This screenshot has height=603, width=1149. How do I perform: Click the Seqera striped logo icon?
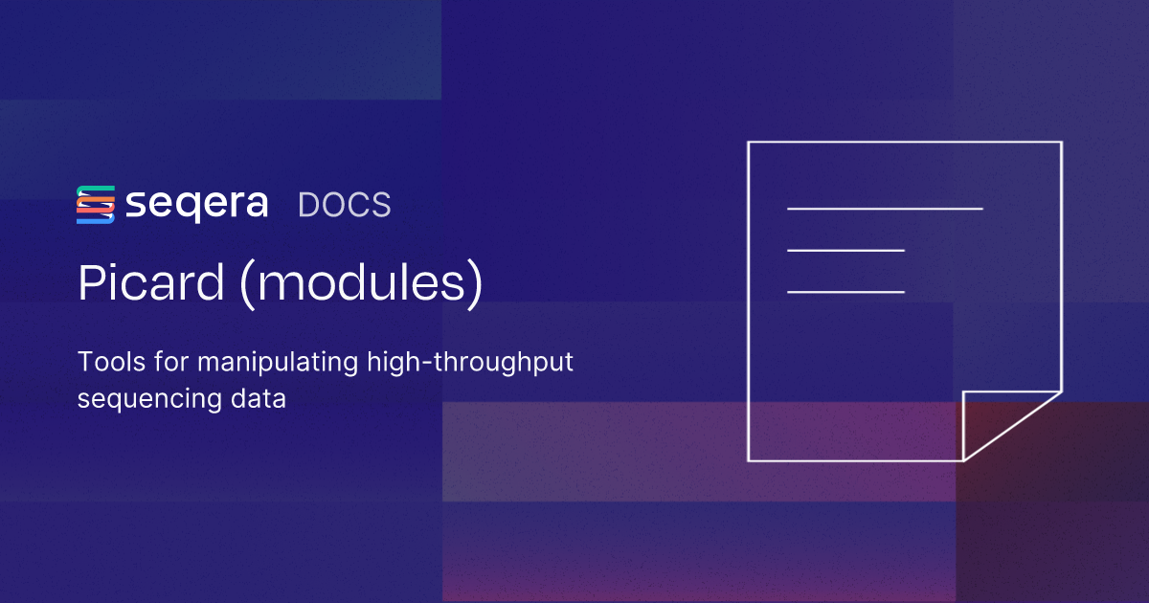[x=96, y=205]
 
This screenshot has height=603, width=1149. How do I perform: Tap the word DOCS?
[x=344, y=205]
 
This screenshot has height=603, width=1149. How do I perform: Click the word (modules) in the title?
[x=359, y=285]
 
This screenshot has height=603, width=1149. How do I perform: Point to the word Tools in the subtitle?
[x=107, y=363]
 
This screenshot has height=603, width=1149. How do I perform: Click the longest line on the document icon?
[x=885, y=208]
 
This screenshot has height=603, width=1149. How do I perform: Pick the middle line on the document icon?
[x=845, y=250]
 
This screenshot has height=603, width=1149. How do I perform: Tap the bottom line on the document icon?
[x=845, y=291]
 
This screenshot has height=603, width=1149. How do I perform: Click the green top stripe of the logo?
[x=96, y=189]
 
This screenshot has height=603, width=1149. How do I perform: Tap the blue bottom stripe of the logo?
[x=96, y=220]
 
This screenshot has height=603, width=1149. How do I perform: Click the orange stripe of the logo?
[x=96, y=205]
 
